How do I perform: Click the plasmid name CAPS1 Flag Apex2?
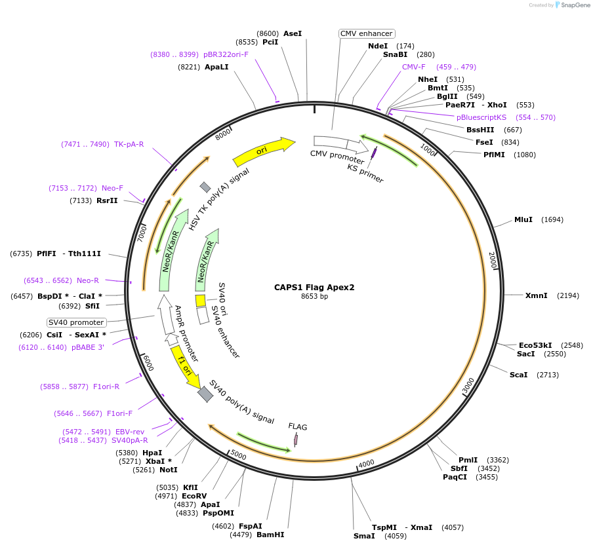pos(314,287)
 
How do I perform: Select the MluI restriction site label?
pos(523,219)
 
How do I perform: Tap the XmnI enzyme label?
pos(536,295)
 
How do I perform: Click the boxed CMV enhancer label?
pos(366,33)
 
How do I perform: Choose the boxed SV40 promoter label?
pos(76,322)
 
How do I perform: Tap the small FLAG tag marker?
pos(296,440)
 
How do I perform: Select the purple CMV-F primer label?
pos(413,67)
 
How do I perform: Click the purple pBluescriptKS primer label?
pos(481,117)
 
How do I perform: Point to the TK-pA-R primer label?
pos(129,144)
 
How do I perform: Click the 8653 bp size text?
pos(314,297)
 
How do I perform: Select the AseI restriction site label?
pos(292,33)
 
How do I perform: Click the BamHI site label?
pos(270,535)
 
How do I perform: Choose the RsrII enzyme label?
pos(107,200)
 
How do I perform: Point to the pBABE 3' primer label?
pos(88,347)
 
